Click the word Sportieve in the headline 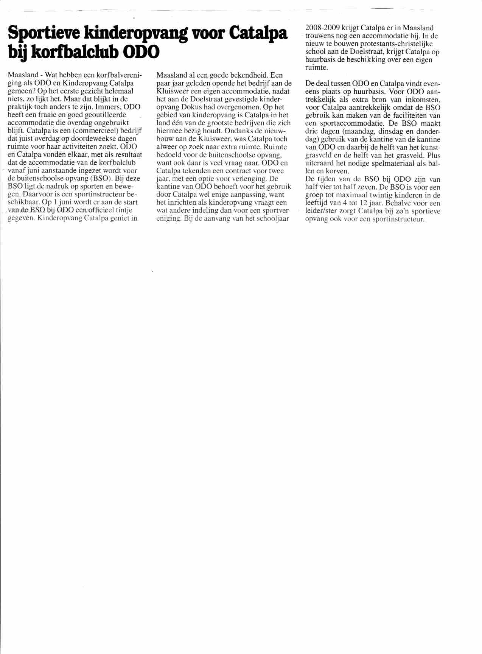42,34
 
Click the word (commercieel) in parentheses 100,131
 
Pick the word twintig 390,195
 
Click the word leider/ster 323,211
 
